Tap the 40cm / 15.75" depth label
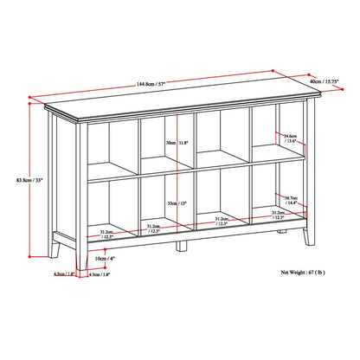pos(333,82)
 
